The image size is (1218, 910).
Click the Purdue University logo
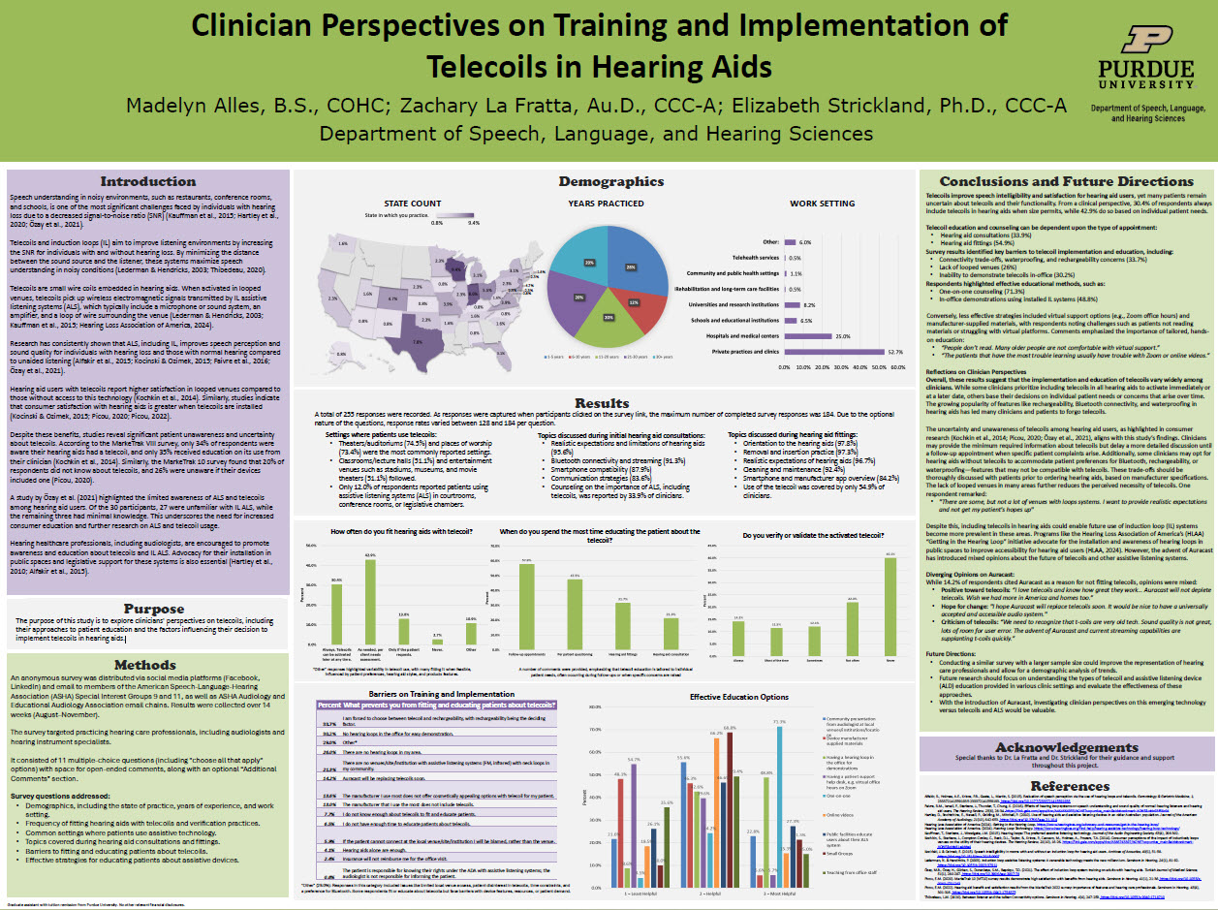coord(1146,58)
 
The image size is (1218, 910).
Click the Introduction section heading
coord(147,181)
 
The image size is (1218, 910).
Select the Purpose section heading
coord(147,609)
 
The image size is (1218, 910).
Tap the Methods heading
coord(147,664)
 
